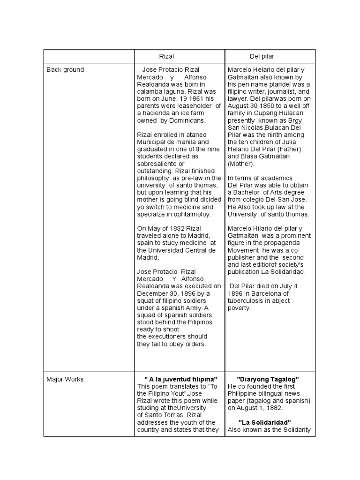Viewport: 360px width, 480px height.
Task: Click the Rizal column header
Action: tap(166, 56)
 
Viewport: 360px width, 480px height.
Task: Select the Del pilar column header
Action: tap(262, 56)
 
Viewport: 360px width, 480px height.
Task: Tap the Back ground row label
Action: tap(65, 70)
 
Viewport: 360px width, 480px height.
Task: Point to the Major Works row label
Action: tap(65, 379)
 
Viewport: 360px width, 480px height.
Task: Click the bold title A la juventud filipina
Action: tap(180, 379)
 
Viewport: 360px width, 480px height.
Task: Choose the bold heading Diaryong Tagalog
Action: tap(268, 379)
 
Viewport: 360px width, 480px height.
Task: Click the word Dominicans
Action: tap(187, 120)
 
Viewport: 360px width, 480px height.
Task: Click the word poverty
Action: tap(240, 308)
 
